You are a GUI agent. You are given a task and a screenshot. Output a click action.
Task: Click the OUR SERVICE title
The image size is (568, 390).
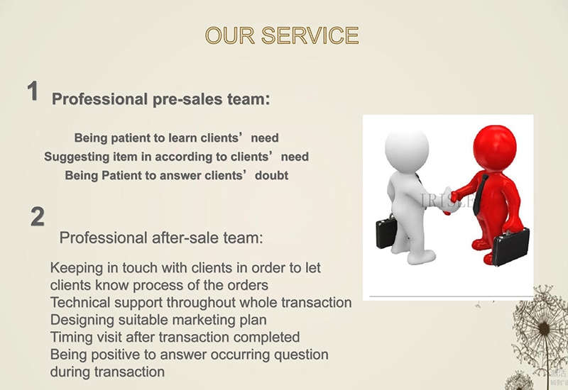click(282, 35)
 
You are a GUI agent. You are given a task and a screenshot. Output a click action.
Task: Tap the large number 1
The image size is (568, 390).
click(33, 91)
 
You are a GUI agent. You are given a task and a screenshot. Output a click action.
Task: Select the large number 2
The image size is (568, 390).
click(38, 217)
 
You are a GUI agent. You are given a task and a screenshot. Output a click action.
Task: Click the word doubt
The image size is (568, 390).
click(272, 175)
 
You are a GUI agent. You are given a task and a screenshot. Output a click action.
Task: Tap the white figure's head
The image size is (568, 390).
click(407, 147)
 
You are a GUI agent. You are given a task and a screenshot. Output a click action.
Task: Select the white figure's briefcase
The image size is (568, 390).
click(387, 232)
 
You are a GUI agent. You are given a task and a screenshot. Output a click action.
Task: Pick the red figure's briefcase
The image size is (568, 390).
click(511, 246)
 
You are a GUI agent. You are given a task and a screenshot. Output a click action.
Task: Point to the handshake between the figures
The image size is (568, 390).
click(450, 200)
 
